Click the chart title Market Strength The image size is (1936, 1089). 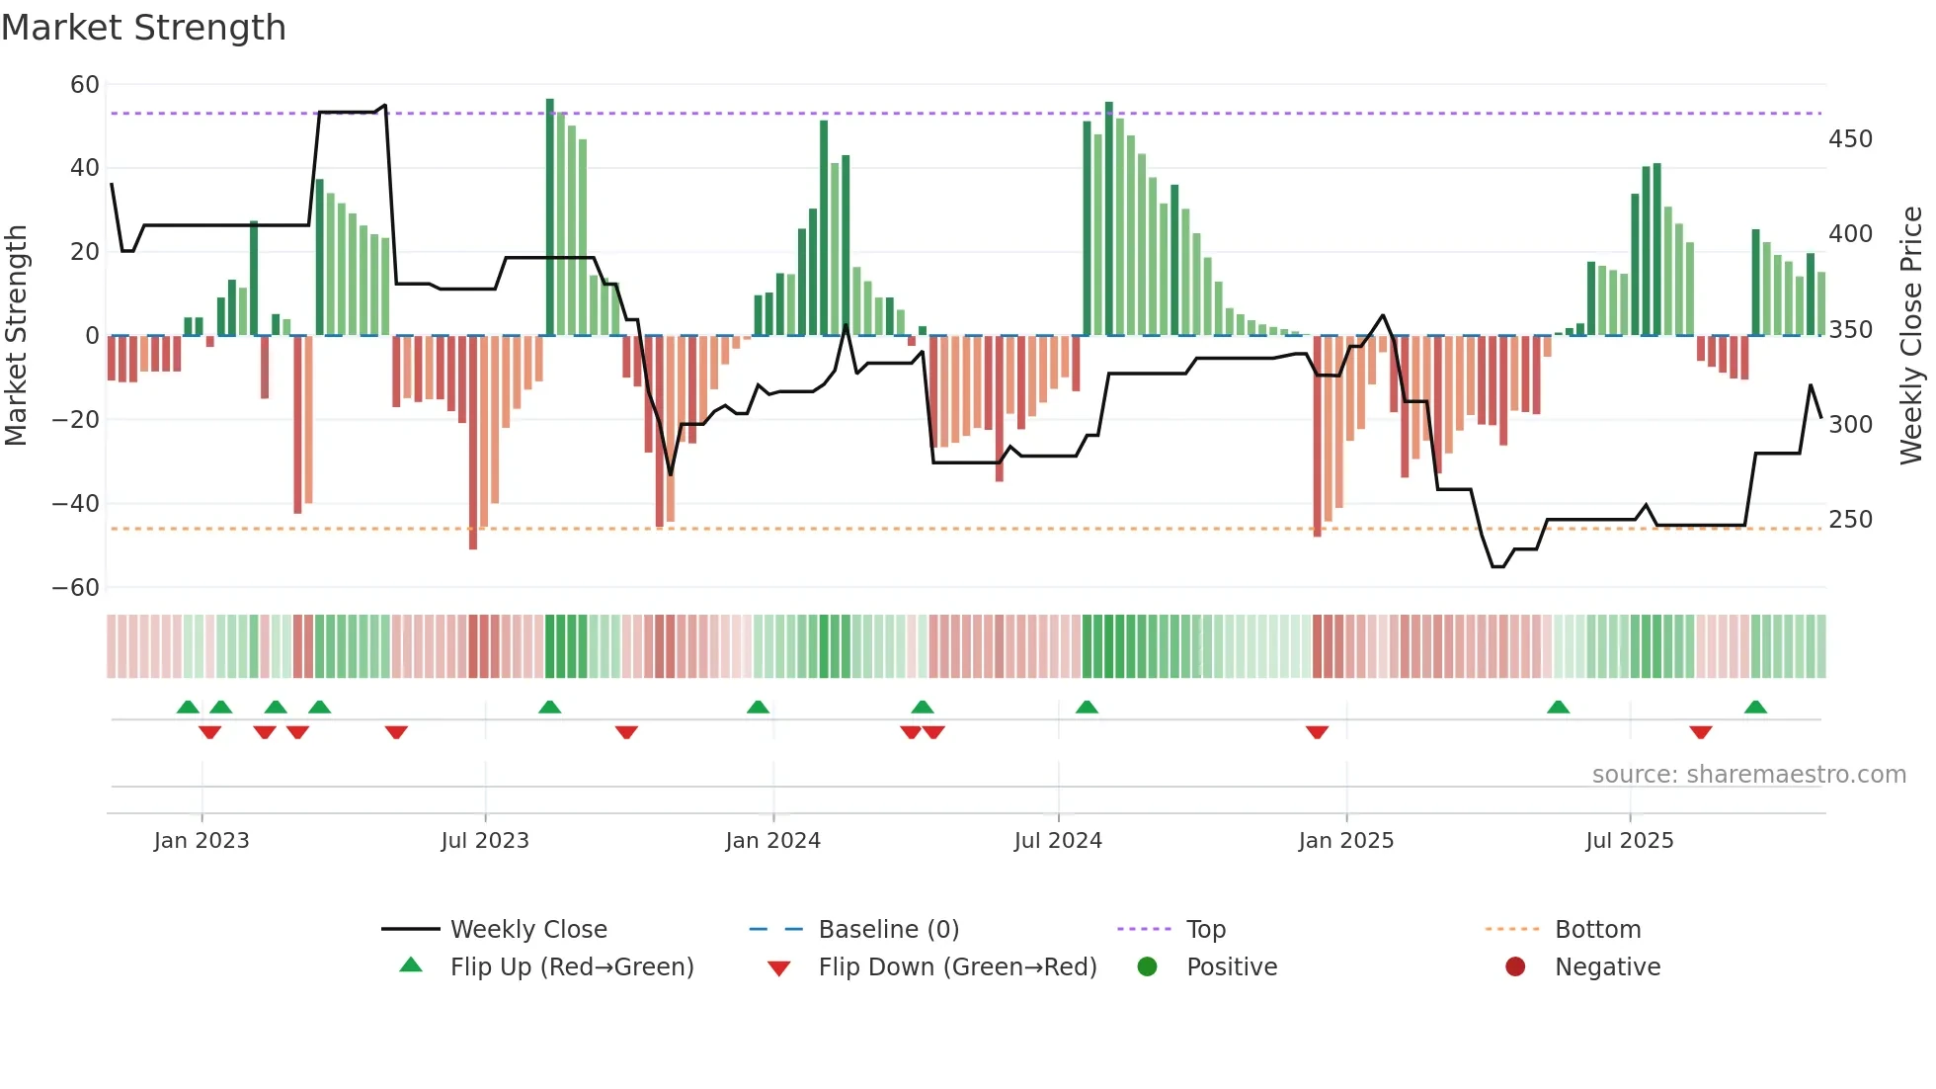coord(143,28)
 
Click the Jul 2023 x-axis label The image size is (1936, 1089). coord(485,841)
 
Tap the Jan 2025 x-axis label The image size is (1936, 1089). coord(1345,841)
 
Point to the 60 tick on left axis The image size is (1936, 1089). coord(85,85)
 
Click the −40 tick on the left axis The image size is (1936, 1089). coord(76,504)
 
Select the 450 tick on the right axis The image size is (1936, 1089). coord(1850,139)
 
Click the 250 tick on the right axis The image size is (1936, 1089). coord(1850,520)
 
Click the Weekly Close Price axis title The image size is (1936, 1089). coord(1912,336)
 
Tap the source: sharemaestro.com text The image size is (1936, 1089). coord(1748,775)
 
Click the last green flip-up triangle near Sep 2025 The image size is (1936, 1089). coord(1755,708)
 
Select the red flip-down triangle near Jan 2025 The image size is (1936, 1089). coord(1317,732)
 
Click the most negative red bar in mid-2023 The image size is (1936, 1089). coord(473,445)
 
